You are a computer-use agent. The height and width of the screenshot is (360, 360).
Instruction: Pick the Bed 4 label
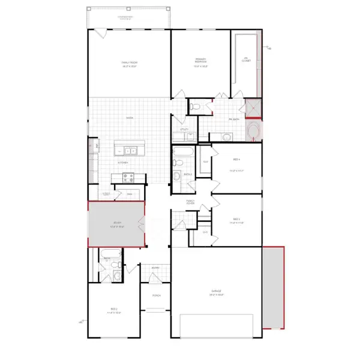(236, 159)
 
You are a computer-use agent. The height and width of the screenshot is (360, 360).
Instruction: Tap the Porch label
(156, 295)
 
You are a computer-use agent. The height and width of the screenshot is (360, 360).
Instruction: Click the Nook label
(129, 118)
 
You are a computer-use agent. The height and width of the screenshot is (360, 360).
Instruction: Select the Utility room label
(185, 129)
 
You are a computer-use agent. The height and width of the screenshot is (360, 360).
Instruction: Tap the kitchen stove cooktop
(128, 177)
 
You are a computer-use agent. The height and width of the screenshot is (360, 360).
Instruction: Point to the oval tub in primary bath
(254, 130)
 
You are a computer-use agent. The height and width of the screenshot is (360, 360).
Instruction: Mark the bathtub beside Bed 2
(112, 253)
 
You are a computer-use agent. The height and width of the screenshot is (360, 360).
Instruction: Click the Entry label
(155, 268)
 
